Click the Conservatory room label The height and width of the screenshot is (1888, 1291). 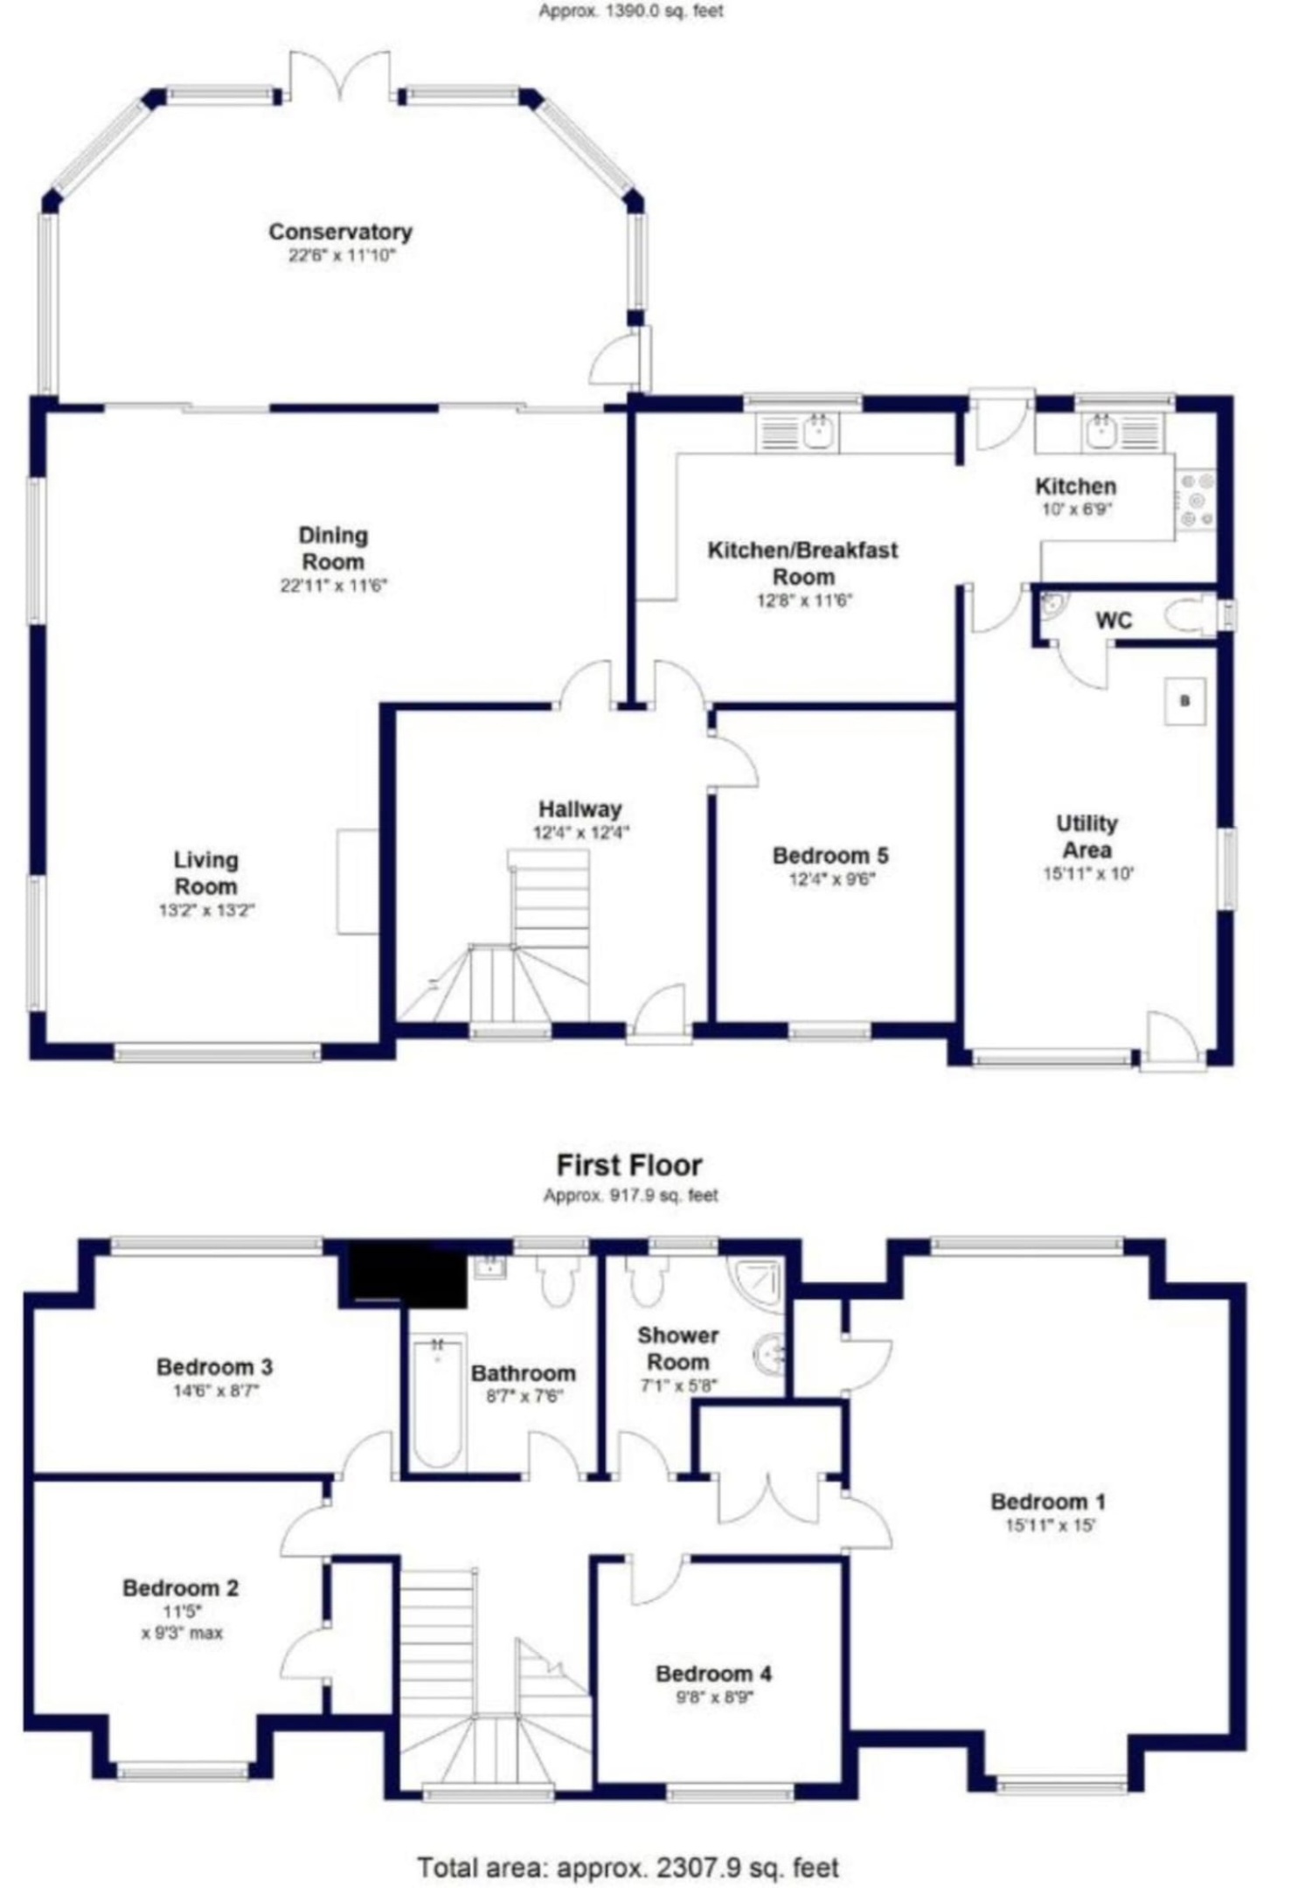tap(340, 232)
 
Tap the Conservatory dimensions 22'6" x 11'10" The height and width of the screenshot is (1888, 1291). tap(342, 255)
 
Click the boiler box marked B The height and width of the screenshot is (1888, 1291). tap(1185, 700)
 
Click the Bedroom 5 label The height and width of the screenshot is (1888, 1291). tap(830, 855)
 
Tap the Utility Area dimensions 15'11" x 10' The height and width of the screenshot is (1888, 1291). tap(1087, 872)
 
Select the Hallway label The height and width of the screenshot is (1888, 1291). tap(580, 809)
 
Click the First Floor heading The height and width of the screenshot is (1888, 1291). tap(629, 1165)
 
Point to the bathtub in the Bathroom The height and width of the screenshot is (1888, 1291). tap(438, 1403)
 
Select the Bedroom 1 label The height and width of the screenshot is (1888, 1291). tap(1048, 1502)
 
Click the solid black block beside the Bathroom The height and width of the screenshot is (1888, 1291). tap(407, 1274)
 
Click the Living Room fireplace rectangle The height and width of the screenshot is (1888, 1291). tap(358, 881)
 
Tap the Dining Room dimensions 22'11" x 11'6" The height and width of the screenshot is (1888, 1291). tap(333, 585)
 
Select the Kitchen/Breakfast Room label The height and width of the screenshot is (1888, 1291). tap(802, 563)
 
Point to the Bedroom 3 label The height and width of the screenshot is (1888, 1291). tap(214, 1366)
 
